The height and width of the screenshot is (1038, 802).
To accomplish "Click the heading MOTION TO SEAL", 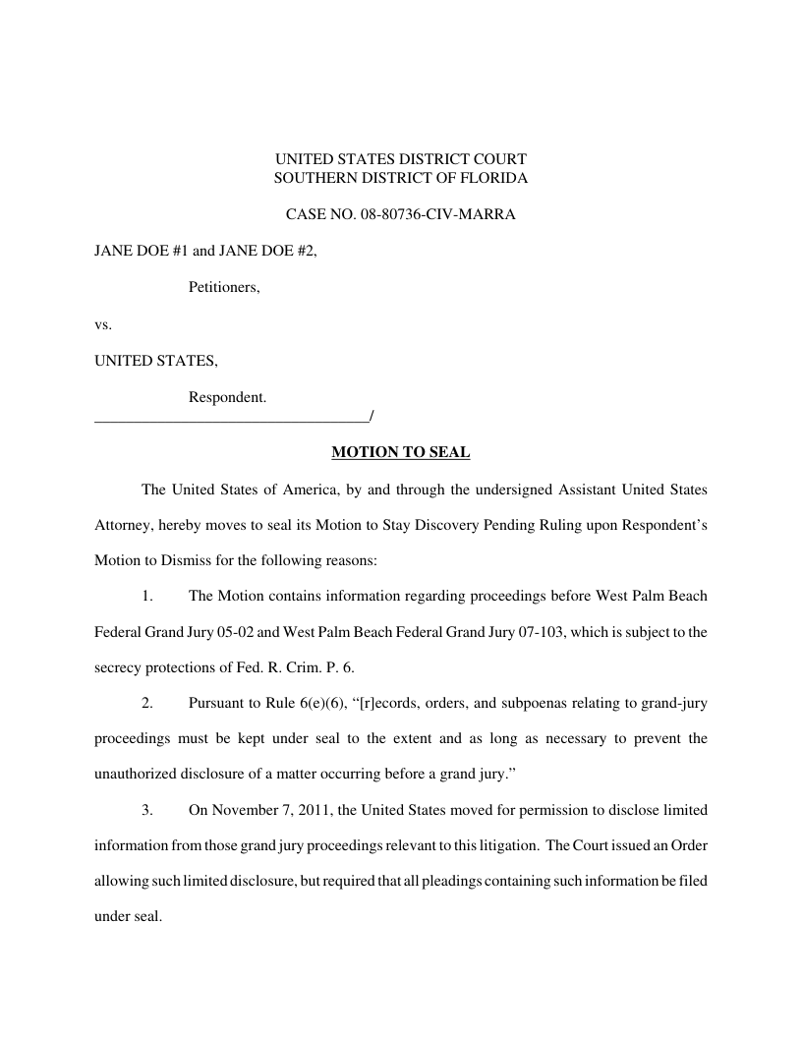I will [x=401, y=453].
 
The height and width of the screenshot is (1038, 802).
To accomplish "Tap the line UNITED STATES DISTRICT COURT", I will [x=401, y=159].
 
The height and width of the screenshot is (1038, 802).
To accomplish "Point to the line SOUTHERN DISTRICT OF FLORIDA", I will [x=401, y=179].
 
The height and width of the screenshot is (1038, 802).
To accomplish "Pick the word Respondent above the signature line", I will [x=227, y=397].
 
